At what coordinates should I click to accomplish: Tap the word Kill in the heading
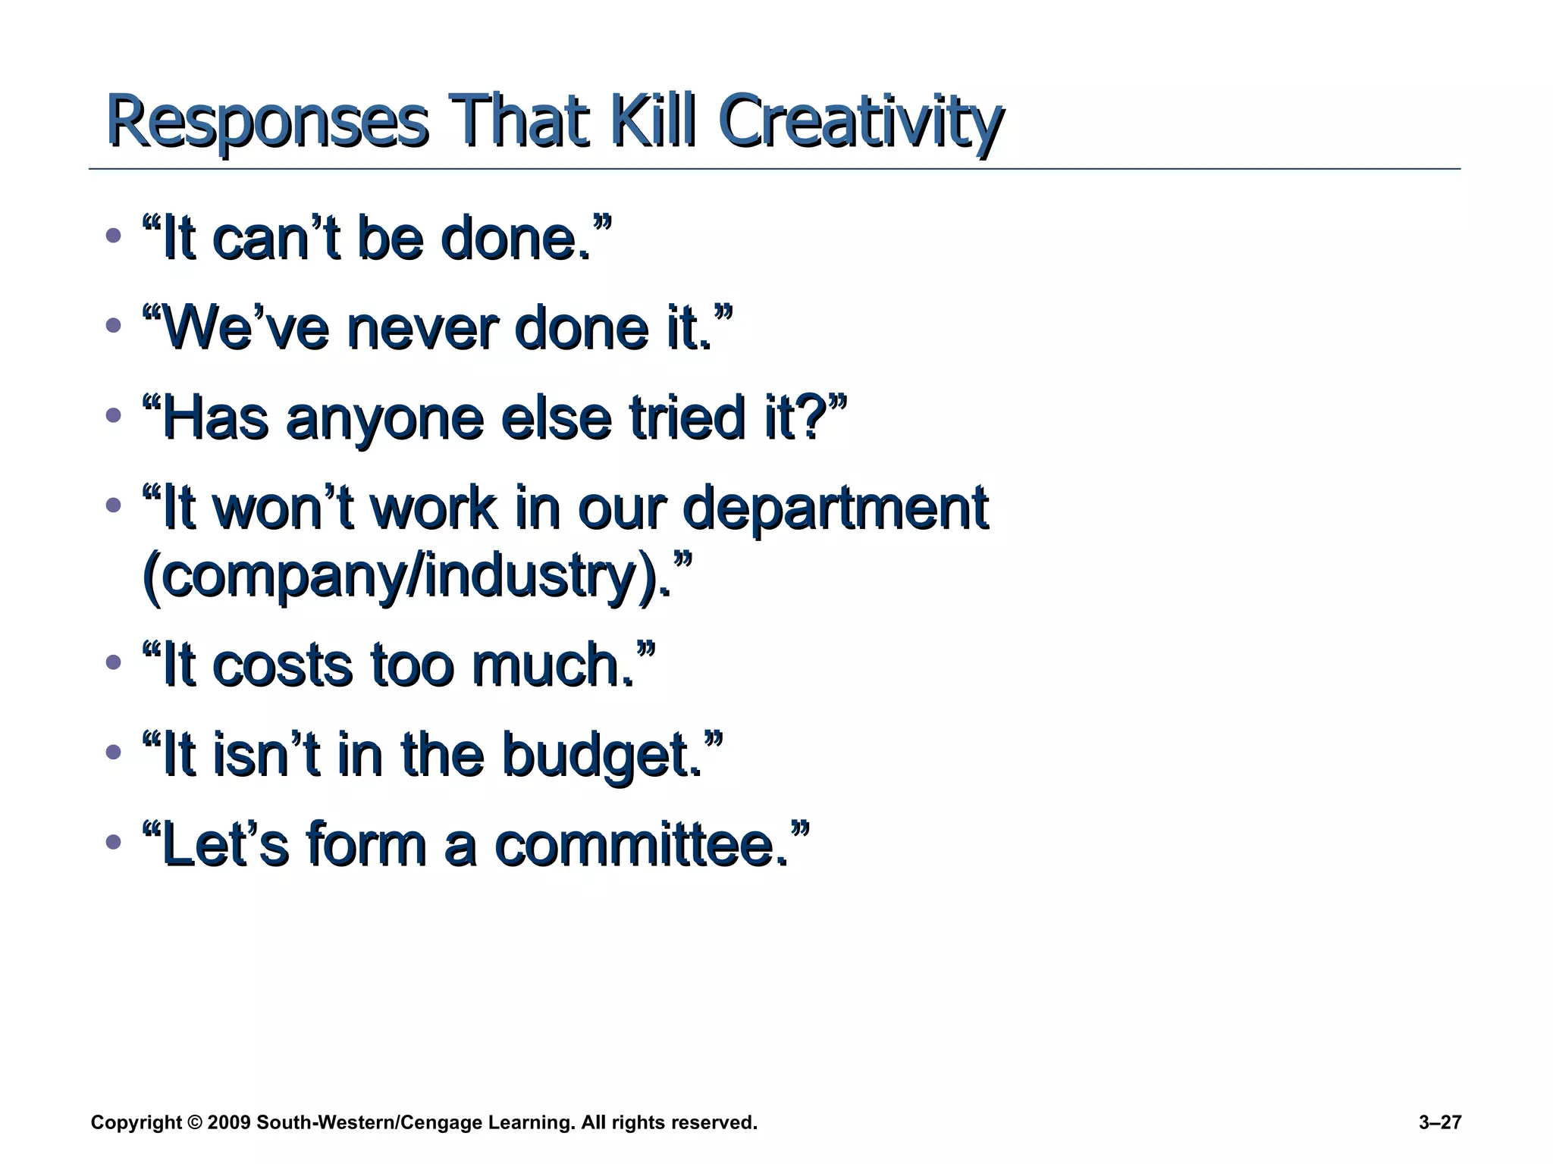652,120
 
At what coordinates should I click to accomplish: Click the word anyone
385,419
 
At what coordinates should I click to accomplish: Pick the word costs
283,665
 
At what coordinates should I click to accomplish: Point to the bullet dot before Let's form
114,842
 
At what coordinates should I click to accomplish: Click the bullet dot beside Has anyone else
114,415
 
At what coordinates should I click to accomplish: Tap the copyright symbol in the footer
194,1122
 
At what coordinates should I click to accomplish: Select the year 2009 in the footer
228,1122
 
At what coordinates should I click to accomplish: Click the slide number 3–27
1439,1122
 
